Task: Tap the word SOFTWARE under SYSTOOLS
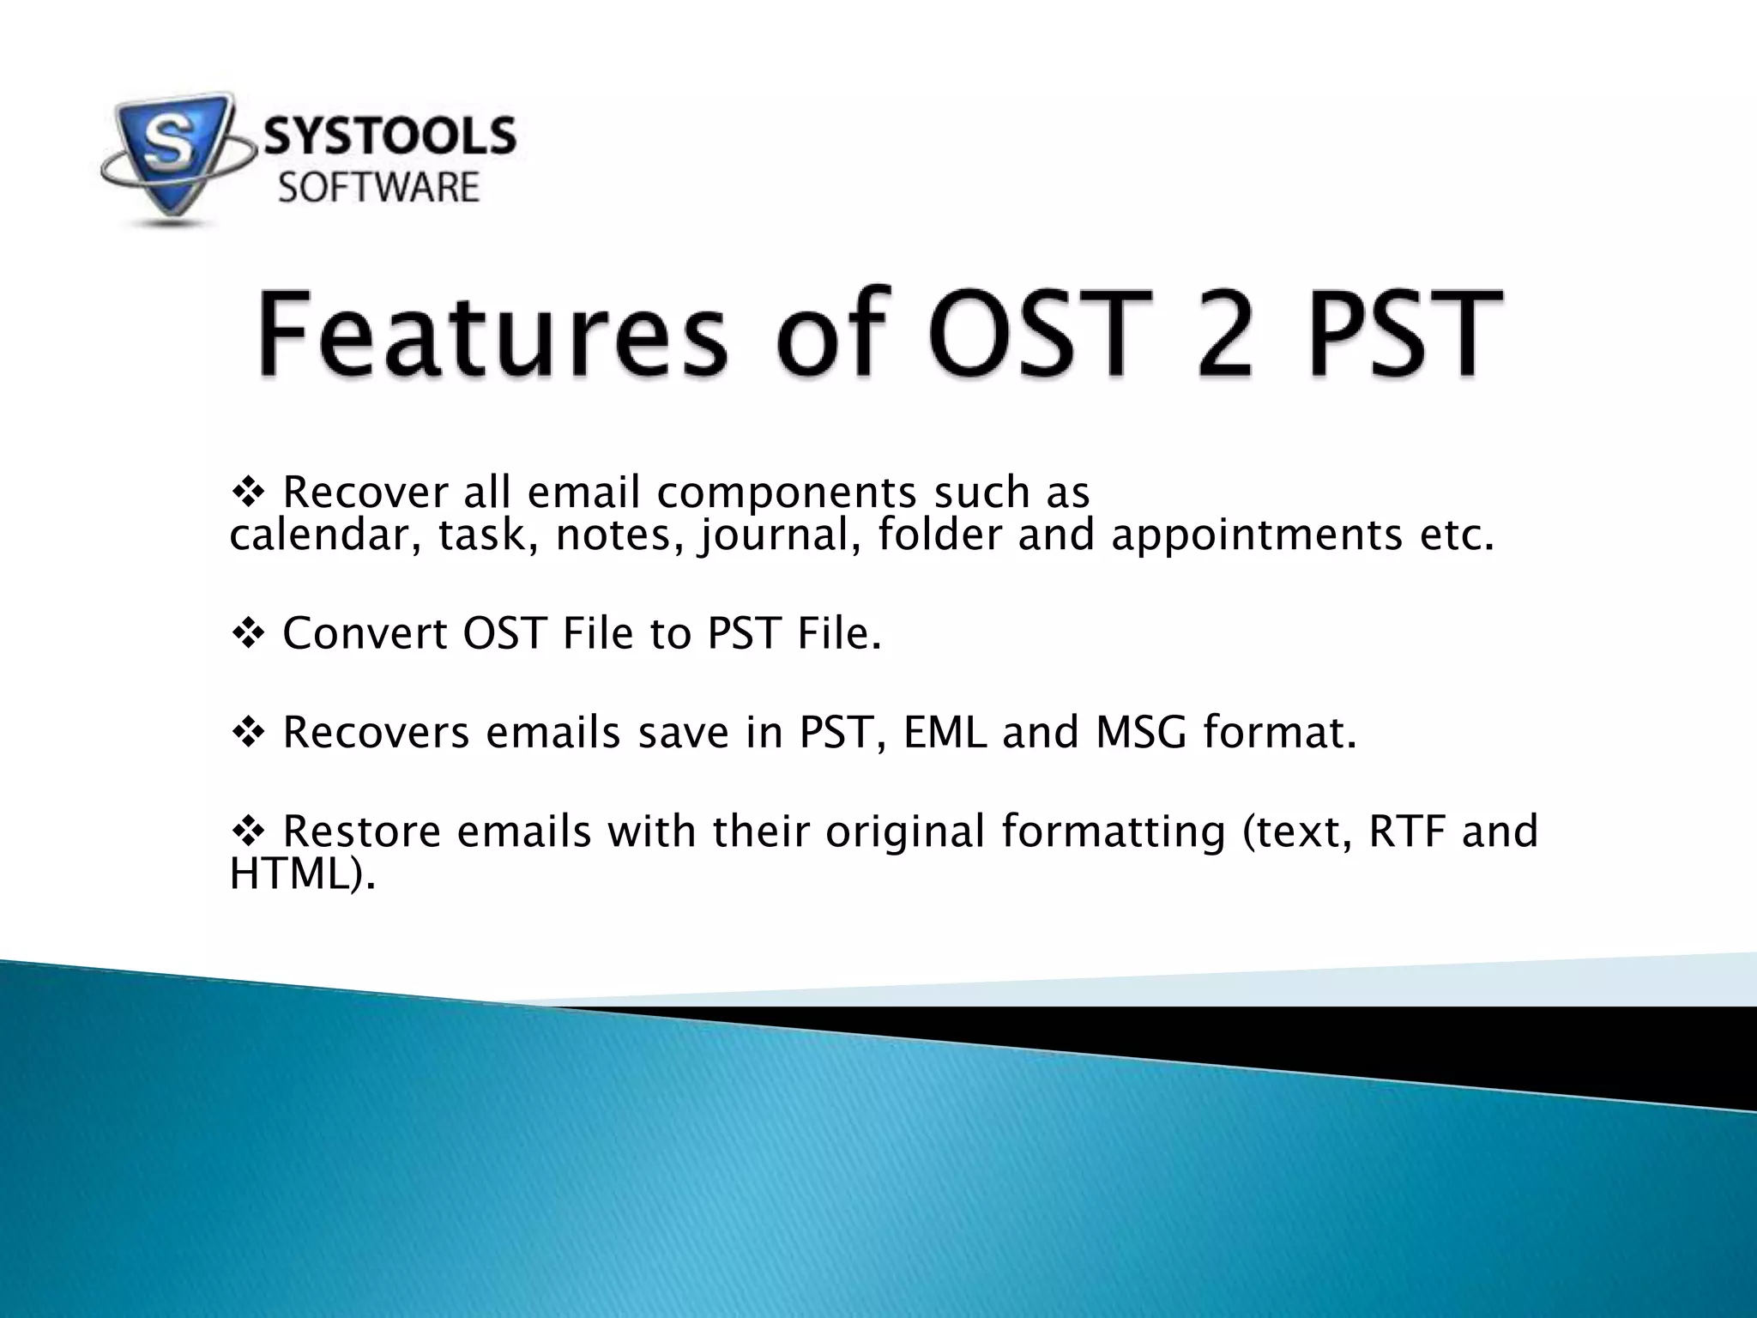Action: point(378,188)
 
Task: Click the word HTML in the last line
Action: point(292,874)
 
